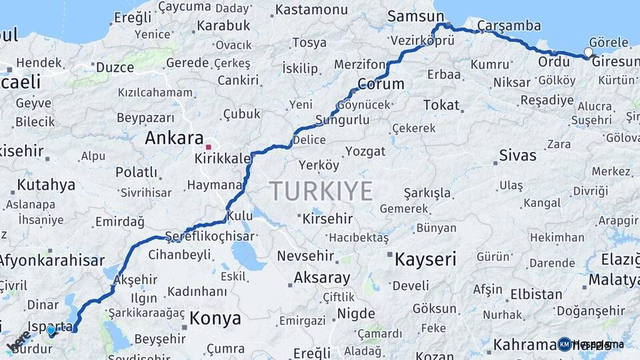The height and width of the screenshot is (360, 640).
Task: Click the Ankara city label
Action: point(174,139)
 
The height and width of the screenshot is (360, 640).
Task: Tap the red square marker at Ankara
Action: point(209,147)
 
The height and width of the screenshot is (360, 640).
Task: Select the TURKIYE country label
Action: point(321,191)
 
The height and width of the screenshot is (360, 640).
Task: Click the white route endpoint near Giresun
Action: point(588,52)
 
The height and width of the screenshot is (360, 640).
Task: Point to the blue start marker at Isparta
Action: point(51,330)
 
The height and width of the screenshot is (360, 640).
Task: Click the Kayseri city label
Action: point(425,259)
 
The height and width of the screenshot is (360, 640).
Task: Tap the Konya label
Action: point(215,319)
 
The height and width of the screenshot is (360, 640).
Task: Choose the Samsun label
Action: point(415,17)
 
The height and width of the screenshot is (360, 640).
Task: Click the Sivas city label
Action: point(517,156)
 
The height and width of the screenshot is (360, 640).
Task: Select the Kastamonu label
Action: point(311,10)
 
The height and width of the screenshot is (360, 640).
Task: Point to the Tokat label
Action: point(441,105)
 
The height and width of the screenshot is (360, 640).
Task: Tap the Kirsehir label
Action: point(327,219)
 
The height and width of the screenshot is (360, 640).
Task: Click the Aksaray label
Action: point(321,278)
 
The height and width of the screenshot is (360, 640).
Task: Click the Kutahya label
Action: point(46,185)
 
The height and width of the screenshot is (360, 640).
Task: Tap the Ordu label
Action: point(554,62)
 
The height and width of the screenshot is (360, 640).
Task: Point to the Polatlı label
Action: point(136,172)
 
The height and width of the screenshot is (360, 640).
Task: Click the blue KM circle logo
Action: point(565,344)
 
